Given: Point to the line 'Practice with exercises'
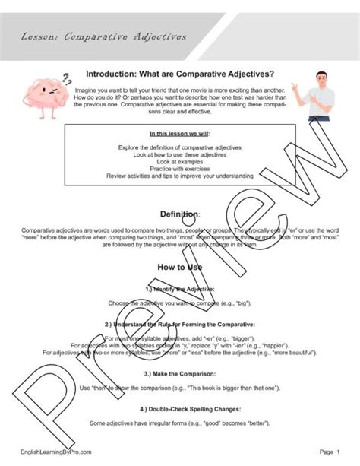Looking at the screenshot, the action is (179, 169).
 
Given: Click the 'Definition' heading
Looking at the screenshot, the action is (179, 214).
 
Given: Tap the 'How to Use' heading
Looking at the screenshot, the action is (179, 268).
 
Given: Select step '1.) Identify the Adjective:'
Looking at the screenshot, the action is (179, 290).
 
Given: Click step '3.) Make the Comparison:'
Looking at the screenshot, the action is (179, 374).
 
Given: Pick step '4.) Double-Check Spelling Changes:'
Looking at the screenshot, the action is (179, 410).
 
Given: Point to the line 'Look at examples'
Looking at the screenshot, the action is (179, 161).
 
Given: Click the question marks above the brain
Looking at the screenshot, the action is (68, 77).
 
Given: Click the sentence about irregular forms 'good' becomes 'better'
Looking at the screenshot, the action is (179, 423).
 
